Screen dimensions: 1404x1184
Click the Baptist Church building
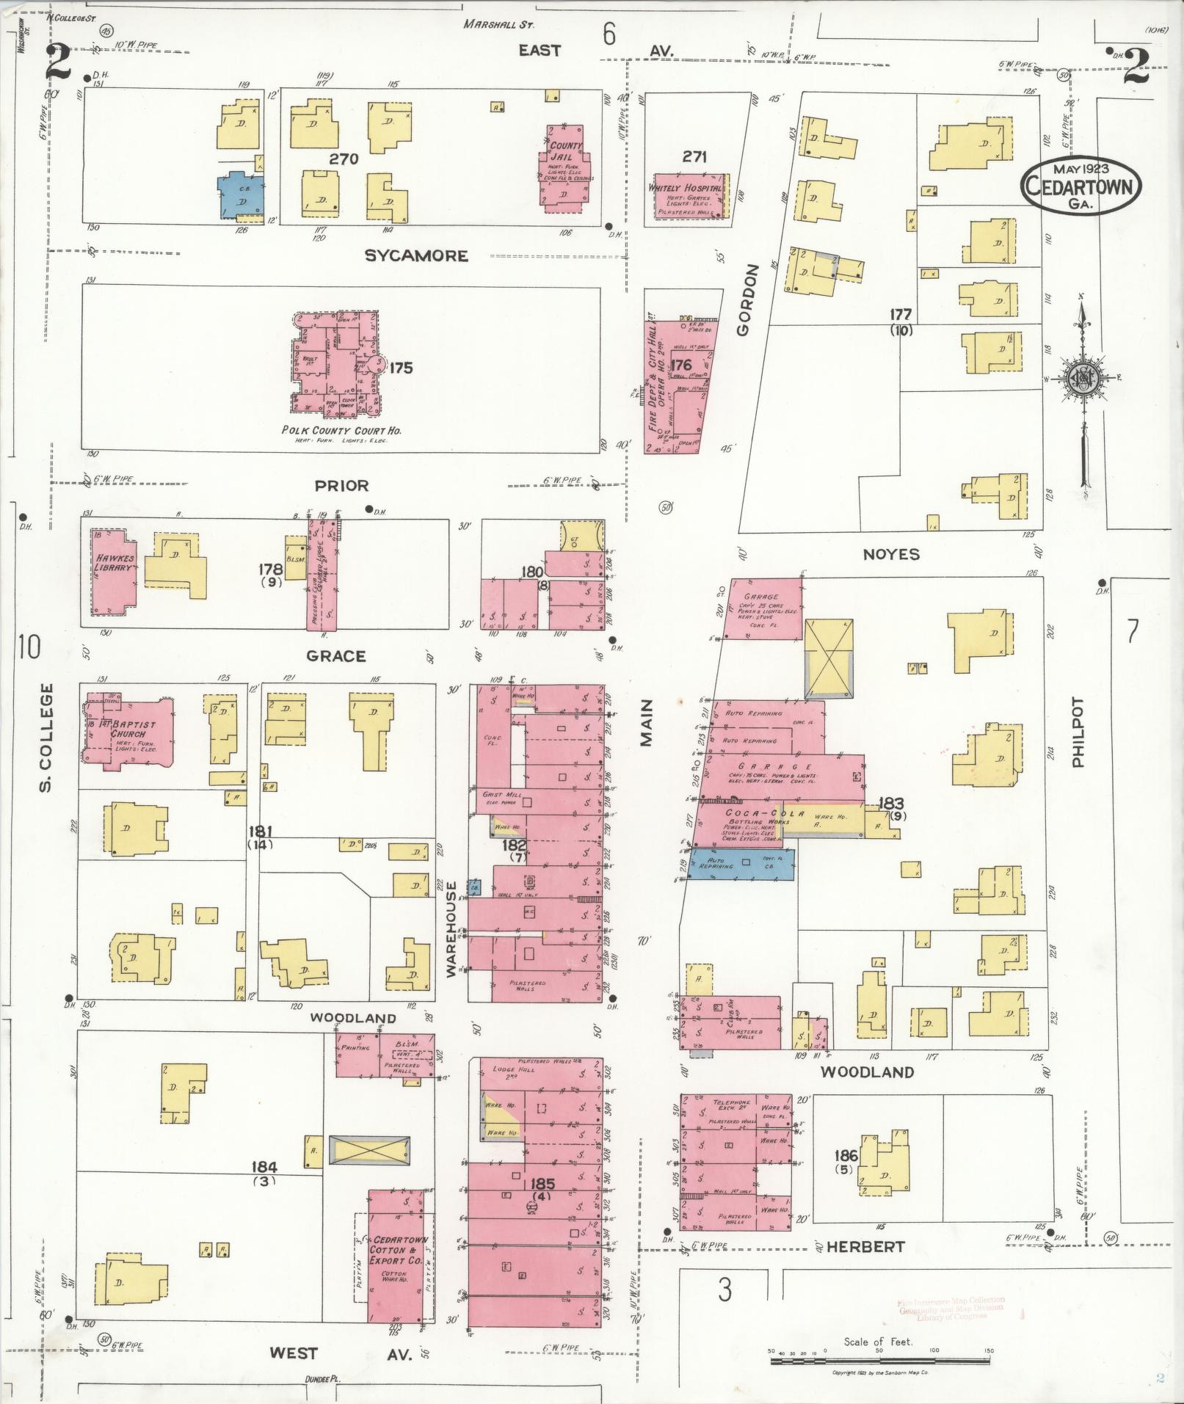tap(128, 730)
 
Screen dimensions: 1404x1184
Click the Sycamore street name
tap(416, 255)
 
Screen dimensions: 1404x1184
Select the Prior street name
tap(341, 486)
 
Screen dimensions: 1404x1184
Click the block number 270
tap(344, 159)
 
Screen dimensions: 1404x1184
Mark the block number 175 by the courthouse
tap(402, 368)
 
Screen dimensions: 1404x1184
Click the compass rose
tap(1083, 378)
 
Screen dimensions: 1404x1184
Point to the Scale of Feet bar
tap(879, 1361)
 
